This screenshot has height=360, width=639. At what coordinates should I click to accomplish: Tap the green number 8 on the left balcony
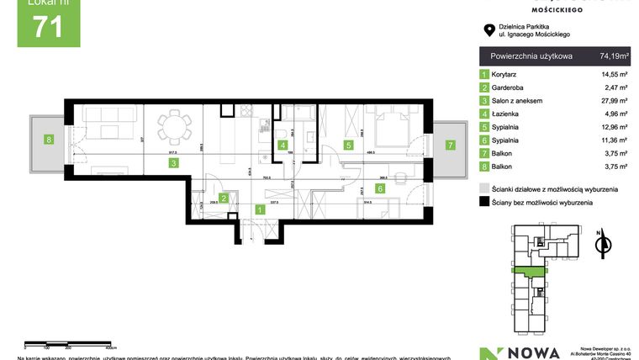point(50,140)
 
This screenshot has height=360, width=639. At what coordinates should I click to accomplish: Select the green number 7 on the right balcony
point(451,145)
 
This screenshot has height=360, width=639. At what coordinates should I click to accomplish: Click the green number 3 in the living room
point(172,163)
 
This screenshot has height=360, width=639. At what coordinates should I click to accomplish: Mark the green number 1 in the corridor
point(260,209)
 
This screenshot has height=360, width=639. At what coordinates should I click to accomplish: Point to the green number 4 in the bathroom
point(283,145)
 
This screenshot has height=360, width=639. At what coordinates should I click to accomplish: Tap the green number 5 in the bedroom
point(347,145)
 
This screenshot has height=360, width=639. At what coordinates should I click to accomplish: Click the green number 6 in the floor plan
point(380,189)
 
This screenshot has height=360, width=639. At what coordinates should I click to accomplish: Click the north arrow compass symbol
point(600,244)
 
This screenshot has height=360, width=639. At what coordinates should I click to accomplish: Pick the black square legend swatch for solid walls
point(484,203)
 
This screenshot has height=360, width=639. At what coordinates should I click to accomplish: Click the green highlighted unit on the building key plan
point(526,270)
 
